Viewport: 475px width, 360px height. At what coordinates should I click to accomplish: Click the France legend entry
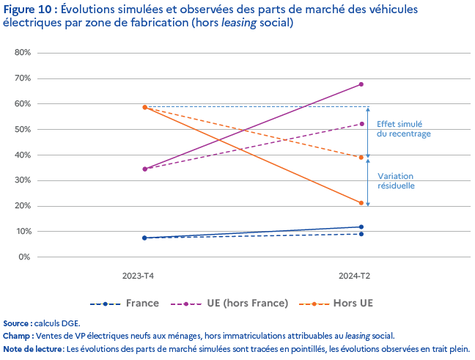click(x=141, y=303)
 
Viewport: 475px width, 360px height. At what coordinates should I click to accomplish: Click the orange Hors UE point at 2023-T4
click(x=145, y=107)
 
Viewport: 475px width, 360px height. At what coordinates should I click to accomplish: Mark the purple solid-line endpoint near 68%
click(x=361, y=84)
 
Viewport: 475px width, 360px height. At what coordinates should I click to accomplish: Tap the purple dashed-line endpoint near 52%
click(x=361, y=124)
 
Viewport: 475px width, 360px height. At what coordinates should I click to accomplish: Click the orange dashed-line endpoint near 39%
click(x=361, y=157)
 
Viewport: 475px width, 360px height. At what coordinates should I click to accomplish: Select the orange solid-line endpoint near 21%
click(x=361, y=203)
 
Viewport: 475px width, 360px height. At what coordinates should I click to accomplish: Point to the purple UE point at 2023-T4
click(x=145, y=169)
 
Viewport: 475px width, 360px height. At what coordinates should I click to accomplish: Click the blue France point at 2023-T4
click(x=145, y=238)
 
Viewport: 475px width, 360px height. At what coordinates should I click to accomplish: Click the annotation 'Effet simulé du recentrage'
click(x=403, y=129)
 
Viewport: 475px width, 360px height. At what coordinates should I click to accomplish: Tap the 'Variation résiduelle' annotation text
click(x=396, y=181)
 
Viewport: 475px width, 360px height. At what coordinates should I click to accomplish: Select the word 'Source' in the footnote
click(x=16, y=323)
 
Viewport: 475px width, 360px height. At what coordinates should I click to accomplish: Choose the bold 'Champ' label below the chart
click(x=17, y=335)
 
